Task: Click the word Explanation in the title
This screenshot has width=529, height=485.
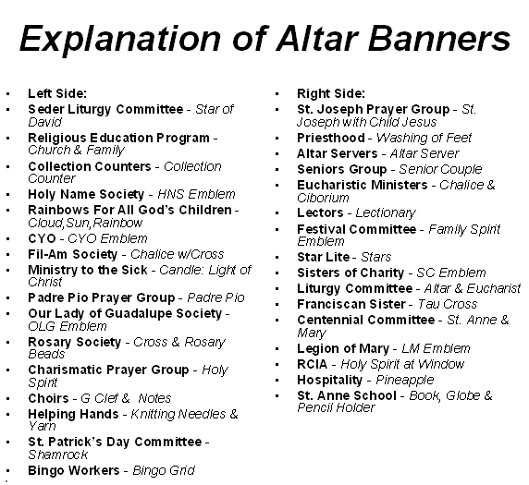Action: click(x=120, y=40)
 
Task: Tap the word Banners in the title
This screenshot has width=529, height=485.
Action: click(x=438, y=39)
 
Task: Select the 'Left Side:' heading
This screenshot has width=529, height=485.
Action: click(x=57, y=93)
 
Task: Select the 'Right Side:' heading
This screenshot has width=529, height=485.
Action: click(x=331, y=93)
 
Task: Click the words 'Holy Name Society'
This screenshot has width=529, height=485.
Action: click(x=86, y=194)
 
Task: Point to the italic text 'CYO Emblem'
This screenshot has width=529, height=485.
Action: click(x=107, y=238)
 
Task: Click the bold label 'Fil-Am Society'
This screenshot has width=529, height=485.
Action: click(x=72, y=254)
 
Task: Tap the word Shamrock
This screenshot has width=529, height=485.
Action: click(x=58, y=455)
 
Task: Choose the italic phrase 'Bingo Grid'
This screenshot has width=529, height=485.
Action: click(x=164, y=470)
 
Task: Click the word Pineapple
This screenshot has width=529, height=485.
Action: click(x=404, y=381)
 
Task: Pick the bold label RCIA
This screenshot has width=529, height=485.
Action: click(x=312, y=364)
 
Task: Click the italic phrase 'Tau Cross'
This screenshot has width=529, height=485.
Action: click(x=448, y=304)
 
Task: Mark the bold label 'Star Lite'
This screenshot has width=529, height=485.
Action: click(x=323, y=257)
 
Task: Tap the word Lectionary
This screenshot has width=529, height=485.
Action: click(x=386, y=213)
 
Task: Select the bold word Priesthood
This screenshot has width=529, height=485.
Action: click(x=331, y=138)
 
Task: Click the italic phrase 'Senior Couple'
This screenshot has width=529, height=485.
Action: click(x=440, y=169)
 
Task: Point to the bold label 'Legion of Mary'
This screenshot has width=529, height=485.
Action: click(x=343, y=348)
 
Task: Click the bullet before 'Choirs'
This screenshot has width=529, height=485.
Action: click(x=8, y=399)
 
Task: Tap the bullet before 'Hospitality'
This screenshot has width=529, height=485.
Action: click(x=277, y=381)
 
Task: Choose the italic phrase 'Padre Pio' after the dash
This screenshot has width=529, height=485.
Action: click(x=215, y=297)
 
